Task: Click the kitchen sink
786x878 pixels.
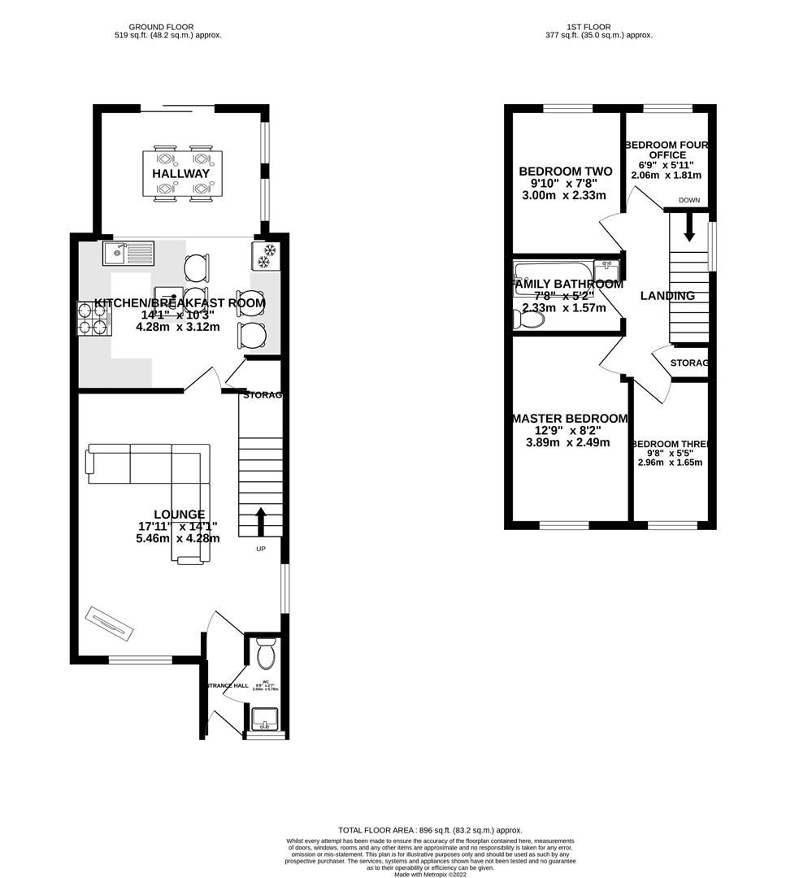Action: (128, 254)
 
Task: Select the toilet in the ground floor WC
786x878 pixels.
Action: (265, 654)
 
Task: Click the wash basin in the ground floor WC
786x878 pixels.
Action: (263, 719)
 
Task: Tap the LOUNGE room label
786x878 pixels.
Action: (179, 515)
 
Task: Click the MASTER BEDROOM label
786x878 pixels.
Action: (569, 419)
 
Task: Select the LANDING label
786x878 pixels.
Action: (667, 296)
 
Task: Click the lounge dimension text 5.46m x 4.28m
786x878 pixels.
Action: (179, 538)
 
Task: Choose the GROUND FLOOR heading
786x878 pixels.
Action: (161, 27)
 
